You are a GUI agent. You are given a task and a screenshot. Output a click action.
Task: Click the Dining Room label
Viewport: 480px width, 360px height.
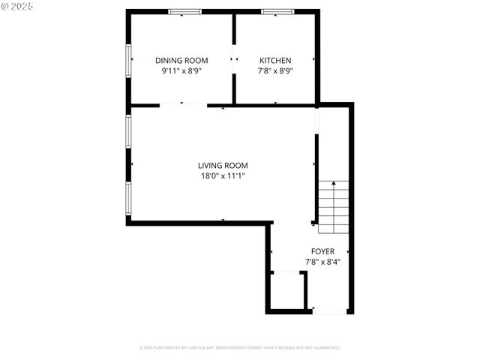pos(181,60)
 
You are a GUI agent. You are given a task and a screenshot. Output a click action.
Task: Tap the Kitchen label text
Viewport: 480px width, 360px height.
pos(275,60)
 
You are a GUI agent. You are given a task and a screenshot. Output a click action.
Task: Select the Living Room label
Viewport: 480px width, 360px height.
pos(223,166)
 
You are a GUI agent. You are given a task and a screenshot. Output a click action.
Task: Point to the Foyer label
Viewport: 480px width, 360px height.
pos(323,251)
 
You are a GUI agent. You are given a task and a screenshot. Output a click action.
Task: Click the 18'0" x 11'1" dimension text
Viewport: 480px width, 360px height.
pos(223,176)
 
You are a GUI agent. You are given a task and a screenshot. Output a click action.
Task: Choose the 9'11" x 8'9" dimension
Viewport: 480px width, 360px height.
pos(181,70)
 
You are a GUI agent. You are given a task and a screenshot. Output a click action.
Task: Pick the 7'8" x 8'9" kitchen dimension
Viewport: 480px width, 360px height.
pos(275,70)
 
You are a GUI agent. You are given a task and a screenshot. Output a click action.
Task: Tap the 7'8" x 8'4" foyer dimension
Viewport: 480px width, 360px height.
pos(323,262)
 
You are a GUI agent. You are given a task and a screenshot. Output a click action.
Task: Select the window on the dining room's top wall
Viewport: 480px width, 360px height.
pos(184,11)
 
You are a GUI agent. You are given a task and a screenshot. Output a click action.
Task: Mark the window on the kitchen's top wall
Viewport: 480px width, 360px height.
pos(277,11)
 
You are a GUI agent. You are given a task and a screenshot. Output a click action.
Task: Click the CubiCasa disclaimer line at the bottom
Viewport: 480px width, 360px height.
pos(240,348)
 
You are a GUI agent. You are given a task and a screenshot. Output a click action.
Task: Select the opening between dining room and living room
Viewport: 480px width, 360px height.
pos(183,105)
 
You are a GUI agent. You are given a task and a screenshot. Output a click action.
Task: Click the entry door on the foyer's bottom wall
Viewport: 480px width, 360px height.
pos(328,310)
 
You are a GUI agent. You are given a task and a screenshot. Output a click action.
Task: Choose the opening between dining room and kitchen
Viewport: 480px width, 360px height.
pos(234,59)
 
